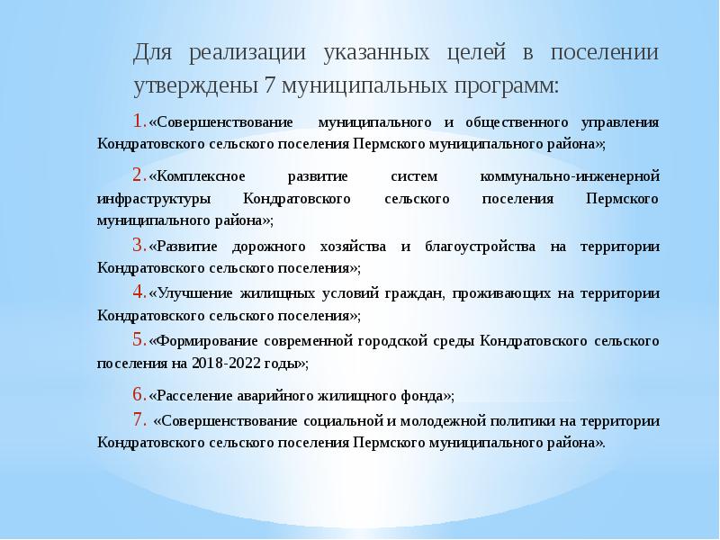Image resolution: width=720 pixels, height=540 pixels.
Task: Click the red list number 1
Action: pos(137,121)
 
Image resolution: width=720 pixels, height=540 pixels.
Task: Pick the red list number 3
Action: pos(137,246)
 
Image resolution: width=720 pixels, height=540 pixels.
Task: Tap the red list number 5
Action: pos(137,340)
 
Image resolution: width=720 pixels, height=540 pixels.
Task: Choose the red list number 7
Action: pos(139,419)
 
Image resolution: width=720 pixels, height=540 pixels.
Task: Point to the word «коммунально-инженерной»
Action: pos(583,175)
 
